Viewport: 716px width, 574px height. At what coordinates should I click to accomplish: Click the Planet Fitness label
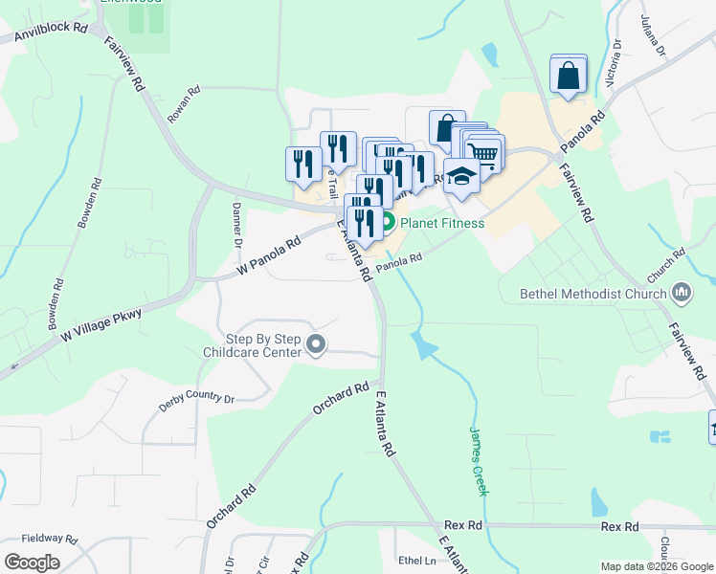442,224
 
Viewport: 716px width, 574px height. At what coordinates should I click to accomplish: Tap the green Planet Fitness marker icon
389,224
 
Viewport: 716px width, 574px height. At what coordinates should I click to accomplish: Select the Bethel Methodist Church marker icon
682,292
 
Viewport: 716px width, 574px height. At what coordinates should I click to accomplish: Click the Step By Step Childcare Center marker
316,343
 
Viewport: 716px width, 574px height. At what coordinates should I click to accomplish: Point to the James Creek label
478,461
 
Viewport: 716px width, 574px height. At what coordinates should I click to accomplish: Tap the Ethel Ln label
416,561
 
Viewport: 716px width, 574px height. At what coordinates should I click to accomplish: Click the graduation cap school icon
461,176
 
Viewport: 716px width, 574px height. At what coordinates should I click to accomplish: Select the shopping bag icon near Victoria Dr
568,74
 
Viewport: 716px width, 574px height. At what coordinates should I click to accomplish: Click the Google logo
33,562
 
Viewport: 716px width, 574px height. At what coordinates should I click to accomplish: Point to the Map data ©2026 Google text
656,566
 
